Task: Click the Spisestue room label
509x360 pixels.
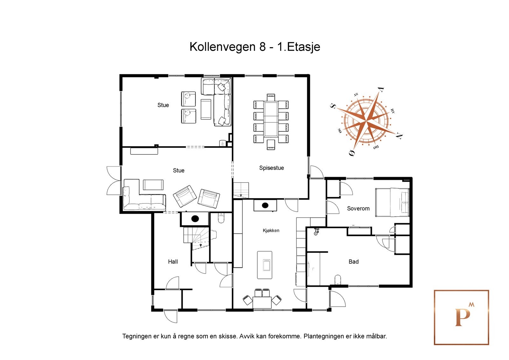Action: coord(271,168)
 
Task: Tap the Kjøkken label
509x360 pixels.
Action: coord(271,230)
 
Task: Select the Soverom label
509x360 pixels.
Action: coord(358,208)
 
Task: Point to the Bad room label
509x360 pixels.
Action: coord(353,262)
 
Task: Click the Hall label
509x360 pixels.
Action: coord(173,262)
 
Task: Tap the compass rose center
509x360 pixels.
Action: coord(366,121)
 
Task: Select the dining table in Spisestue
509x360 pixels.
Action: coord(271,119)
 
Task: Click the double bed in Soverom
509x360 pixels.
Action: coord(392,202)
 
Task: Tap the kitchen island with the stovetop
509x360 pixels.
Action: coord(265,265)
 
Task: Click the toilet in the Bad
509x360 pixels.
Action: coord(338,280)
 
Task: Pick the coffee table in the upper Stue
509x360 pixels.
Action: coord(206,109)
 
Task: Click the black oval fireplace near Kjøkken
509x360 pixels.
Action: coord(265,205)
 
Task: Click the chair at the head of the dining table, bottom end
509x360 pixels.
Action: coord(271,144)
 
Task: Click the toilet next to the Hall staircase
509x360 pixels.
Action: coord(221,218)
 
